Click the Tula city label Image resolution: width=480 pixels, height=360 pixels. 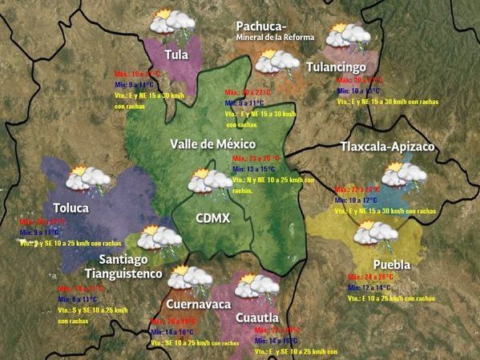tap(176, 55)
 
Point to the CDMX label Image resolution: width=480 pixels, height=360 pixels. tap(213, 218)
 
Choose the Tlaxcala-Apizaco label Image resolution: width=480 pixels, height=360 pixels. tap(387, 147)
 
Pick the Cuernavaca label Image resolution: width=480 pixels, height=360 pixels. tap(198, 304)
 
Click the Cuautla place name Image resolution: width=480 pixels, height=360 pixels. tap(257, 318)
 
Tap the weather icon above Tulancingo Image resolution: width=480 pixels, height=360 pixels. tap(348, 36)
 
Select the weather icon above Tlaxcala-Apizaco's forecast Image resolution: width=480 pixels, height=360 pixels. tap(403, 175)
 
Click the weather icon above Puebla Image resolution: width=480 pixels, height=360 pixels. tap(375, 235)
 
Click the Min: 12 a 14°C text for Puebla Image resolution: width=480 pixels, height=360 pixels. tap(370, 287)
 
